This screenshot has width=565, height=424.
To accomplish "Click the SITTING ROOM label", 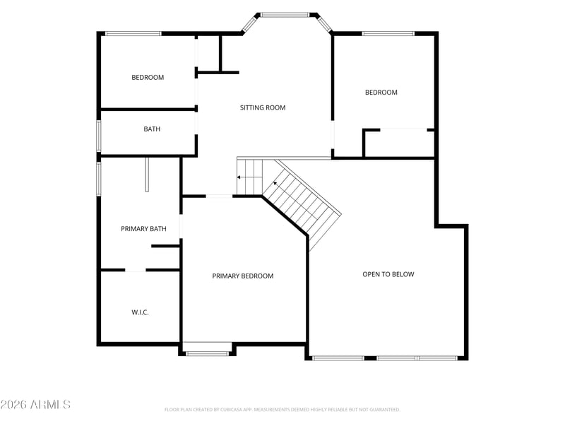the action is click(263, 107).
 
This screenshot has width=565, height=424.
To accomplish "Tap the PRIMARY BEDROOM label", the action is click(242, 276).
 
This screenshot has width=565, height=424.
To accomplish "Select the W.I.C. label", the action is click(140, 312).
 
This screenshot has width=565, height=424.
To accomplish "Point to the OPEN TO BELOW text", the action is click(388, 274).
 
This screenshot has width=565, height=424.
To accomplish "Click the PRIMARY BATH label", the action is click(143, 228).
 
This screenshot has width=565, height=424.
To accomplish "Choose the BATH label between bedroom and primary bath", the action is click(152, 129).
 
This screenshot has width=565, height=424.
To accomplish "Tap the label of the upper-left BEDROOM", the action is click(148, 77).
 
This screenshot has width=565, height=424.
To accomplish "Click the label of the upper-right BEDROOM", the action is click(381, 93).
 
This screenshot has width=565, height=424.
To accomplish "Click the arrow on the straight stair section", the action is click(249, 177).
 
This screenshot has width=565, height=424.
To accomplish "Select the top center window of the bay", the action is click(285, 15).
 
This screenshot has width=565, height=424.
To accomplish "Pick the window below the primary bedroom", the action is click(207, 354).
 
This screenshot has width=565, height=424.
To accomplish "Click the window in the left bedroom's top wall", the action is click(133, 33).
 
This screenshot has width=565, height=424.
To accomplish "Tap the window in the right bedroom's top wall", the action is click(388, 33).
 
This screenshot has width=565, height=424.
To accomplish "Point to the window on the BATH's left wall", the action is click(98, 136).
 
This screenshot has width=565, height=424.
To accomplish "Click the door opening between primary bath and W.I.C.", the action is click(135, 270).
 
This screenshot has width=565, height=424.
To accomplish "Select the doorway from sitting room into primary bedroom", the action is click(219, 196).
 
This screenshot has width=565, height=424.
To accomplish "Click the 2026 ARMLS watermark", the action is click(35, 404).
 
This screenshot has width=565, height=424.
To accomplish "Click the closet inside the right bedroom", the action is click(400, 143).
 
